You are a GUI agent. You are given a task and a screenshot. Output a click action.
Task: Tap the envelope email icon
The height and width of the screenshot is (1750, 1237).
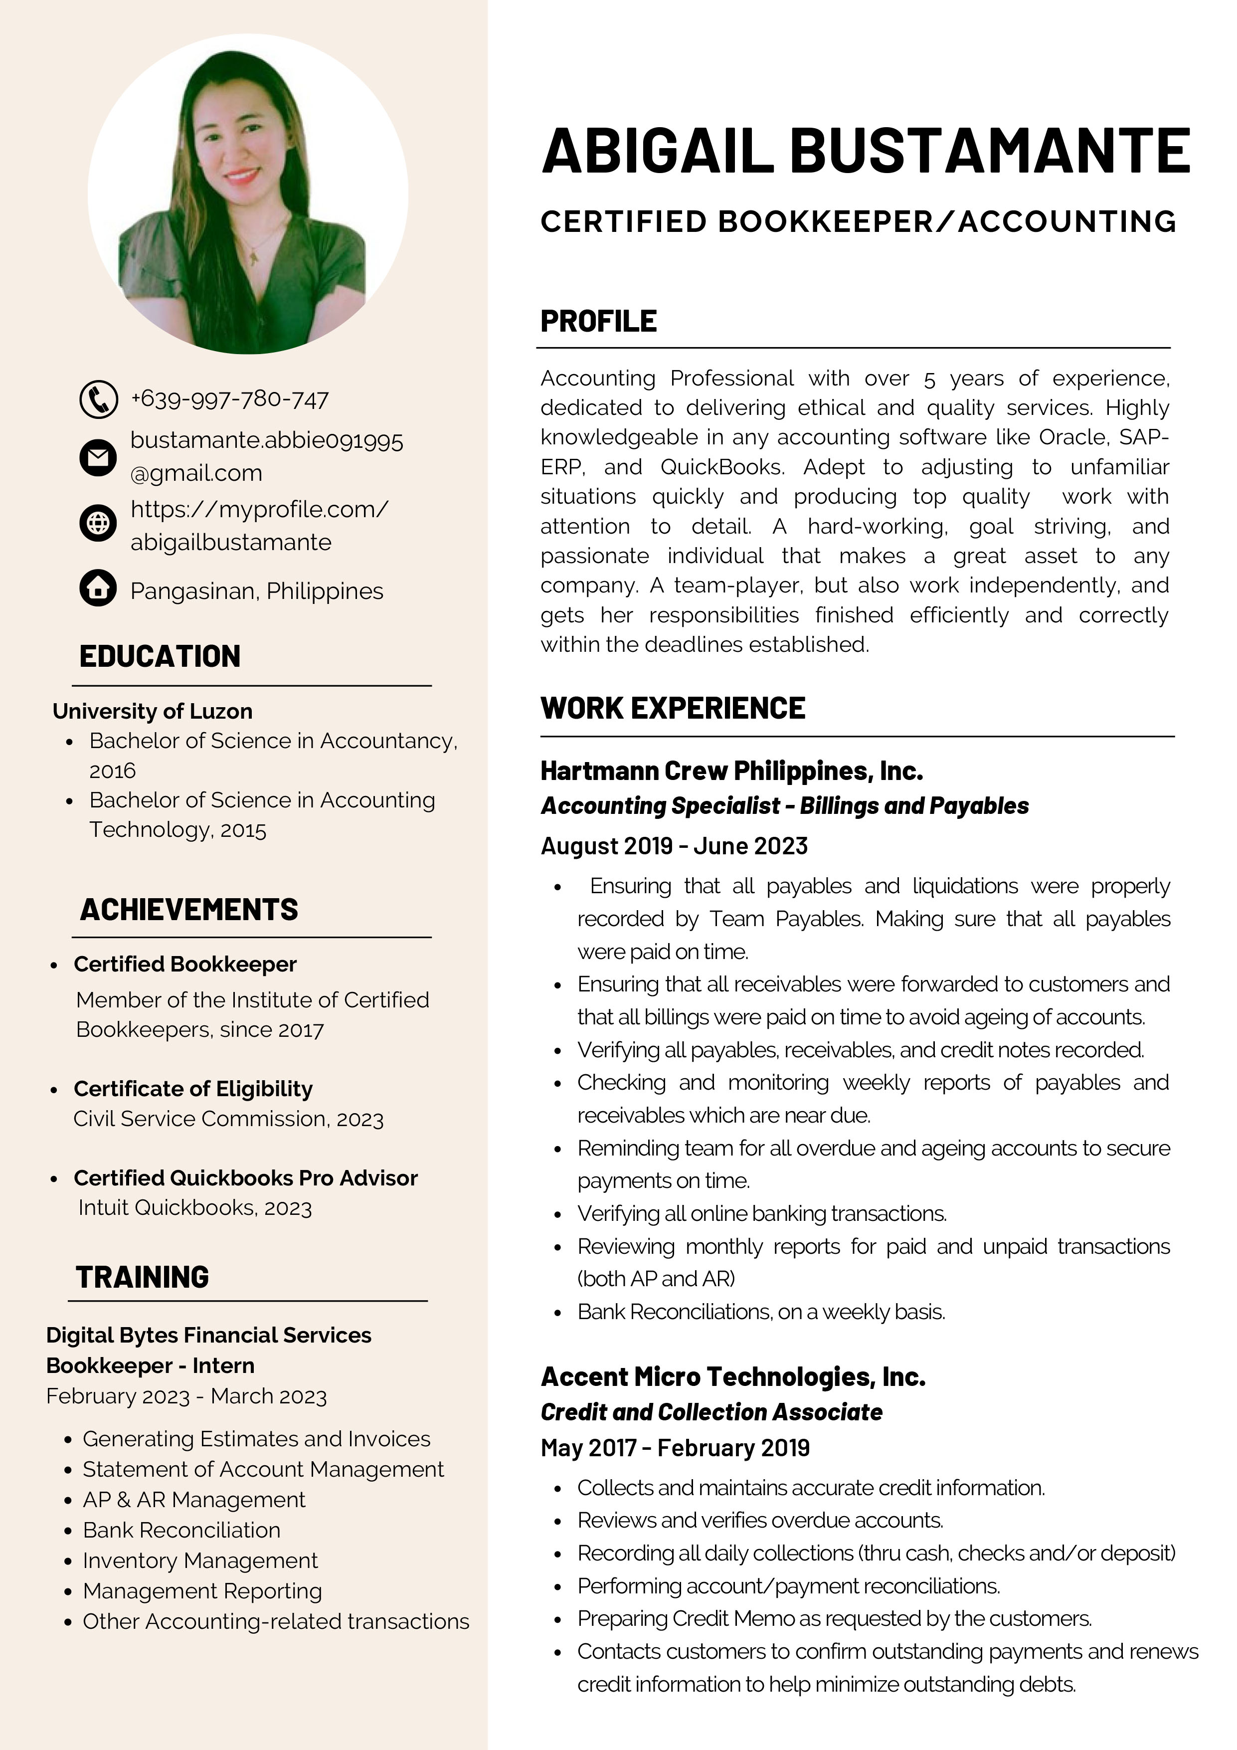pos(98,457)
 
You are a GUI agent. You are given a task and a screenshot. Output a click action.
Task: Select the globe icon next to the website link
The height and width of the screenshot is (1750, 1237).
pos(98,524)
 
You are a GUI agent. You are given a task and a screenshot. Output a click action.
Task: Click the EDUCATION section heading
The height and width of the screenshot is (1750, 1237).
pos(160,656)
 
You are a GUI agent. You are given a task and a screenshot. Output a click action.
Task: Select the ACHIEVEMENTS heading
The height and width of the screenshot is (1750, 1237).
pos(189,909)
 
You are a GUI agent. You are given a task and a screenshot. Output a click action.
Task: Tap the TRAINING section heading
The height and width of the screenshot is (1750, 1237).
pos(143,1277)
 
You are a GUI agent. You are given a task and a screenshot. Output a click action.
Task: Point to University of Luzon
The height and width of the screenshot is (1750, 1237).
pos(153,711)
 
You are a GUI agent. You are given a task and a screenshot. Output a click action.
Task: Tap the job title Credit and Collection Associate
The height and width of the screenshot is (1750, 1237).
pos(711,1411)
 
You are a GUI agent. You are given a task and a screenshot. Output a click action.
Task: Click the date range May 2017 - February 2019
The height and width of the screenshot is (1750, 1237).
pos(675,1447)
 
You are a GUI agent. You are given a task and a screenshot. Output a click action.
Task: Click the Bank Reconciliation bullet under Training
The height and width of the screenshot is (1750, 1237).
pos(181,1530)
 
